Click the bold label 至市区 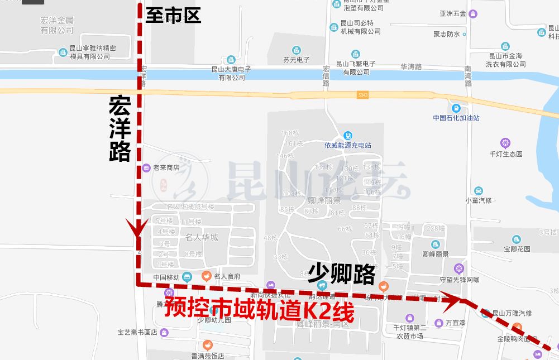173,15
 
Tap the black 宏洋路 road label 120,129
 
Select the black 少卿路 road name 342,273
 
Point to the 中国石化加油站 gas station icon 456,107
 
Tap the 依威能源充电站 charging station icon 348,136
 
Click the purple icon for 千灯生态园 505,143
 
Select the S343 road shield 363,95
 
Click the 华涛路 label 411,67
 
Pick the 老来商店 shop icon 146,167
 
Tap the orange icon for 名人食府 206,276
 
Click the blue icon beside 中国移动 187,276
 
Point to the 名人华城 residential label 202,238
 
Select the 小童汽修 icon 478,191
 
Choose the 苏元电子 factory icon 296,50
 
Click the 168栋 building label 290,133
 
